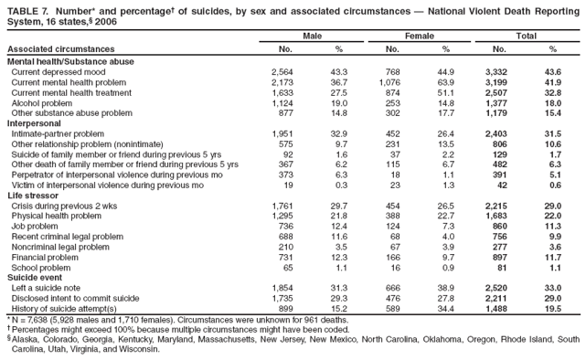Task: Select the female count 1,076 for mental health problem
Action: pyautogui.click(x=390, y=82)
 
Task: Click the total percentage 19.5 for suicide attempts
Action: pyautogui.click(x=552, y=308)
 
